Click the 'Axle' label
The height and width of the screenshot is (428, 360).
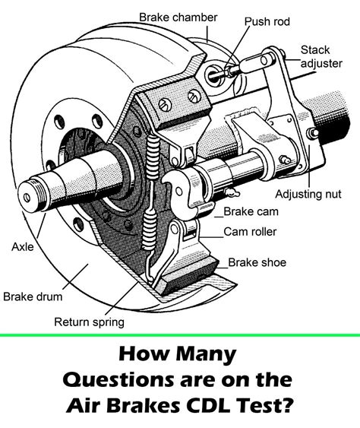21,246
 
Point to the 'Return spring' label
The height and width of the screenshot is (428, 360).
88,322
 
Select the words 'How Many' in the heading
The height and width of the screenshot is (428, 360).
180,355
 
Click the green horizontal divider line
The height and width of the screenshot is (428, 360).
180,334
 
